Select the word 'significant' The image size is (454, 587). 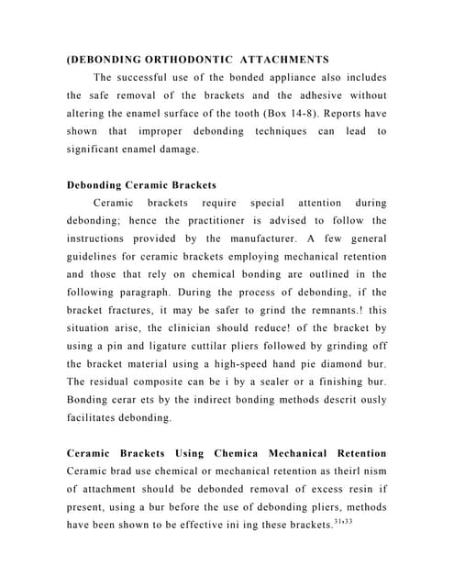103,150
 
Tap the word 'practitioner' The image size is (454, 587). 224,220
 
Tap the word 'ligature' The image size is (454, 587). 181,344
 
